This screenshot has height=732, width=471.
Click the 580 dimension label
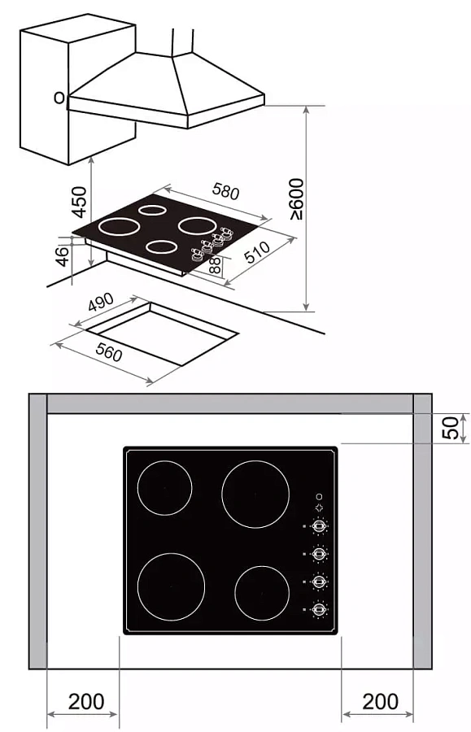pyautogui.click(x=225, y=191)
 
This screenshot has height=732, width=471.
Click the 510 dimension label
pyautogui.click(x=257, y=252)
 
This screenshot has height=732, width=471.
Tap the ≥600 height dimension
pyautogui.click(x=296, y=199)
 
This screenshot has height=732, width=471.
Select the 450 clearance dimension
pyautogui.click(x=80, y=202)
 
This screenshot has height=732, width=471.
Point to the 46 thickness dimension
pyautogui.click(x=62, y=257)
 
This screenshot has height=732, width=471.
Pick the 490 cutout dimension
pyautogui.click(x=101, y=303)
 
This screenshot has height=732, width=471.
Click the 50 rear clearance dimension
pyautogui.click(x=450, y=428)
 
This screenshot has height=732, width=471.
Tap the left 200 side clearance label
pyautogui.click(x=86, y=702)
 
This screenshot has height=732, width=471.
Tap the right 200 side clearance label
pyautogui.click(x=381, y=702)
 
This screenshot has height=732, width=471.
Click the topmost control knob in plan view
pyautogui.click(x=319, y=526)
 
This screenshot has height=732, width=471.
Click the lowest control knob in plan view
pyautogui.click(x=319, y=610)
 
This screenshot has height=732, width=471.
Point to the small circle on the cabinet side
pyautogui.click(x=59, y=98)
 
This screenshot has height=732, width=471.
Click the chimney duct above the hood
pyautogui.click(x=182, y=42)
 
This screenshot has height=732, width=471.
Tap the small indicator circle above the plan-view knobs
pyautogui.click(x=320, y=497)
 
